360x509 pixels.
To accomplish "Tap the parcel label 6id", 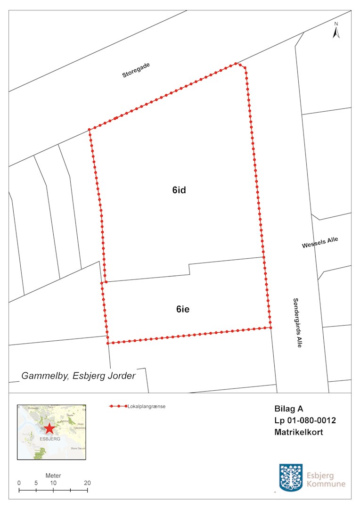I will tap(180, 190).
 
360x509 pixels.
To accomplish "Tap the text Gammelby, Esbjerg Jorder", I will tap(79, 376).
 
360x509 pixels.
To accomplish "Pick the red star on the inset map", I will tap(49, 429).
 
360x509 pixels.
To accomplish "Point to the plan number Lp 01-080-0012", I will tap(305, 420).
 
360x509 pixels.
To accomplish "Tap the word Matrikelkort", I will tap(298, 433).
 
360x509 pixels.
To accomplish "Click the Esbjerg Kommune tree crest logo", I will tap(291, 477).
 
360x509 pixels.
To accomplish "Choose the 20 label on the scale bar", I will tap(87, 483).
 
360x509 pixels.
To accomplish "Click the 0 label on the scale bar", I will tap(19, 483).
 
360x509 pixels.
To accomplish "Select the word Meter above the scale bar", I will tap(53, 476).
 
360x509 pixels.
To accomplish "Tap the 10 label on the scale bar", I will tap(53, 483).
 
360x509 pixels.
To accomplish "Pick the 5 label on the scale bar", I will tap(36, 483).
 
